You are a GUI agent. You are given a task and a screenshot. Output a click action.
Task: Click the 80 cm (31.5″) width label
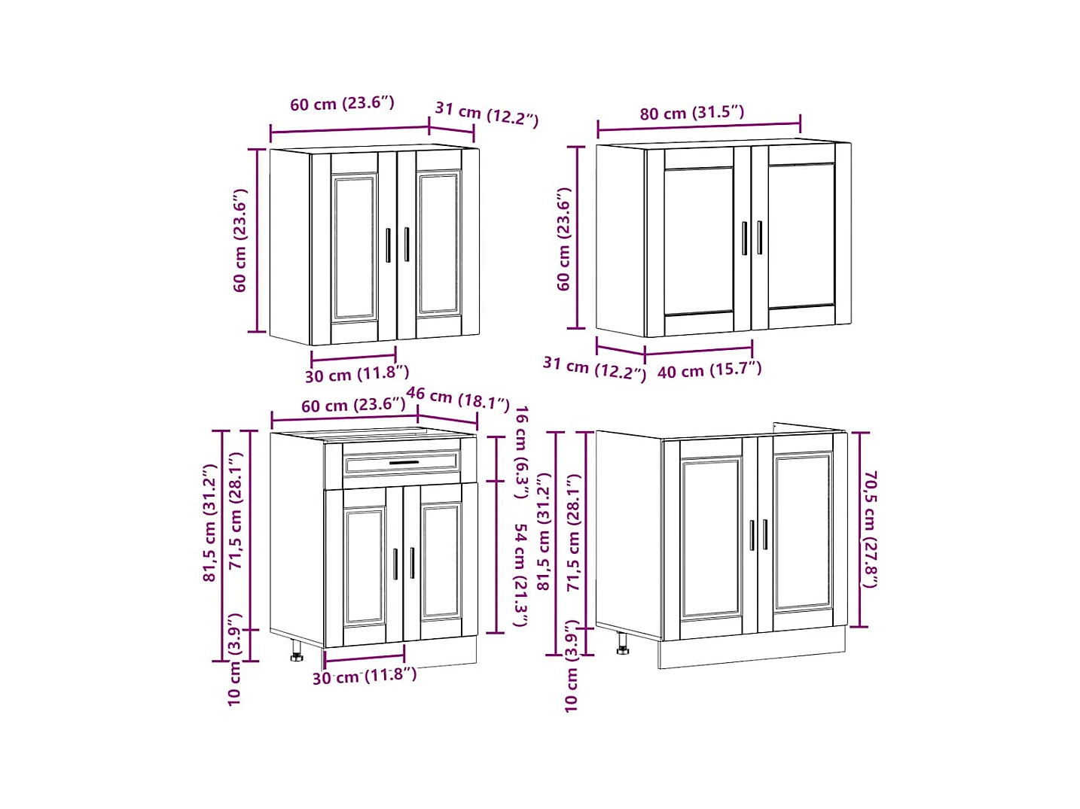(x=692, y=113)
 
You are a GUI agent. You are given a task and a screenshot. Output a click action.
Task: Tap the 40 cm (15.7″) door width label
(x=709, y=370)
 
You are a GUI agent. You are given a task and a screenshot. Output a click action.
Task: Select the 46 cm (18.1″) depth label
(x=458, y=398)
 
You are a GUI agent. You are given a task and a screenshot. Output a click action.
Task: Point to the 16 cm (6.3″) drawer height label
(x=520, y=452)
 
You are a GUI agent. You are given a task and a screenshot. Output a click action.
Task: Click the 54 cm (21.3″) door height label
(x=520, y=575)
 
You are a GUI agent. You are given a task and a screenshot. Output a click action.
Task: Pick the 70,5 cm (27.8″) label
(x=870, y=529)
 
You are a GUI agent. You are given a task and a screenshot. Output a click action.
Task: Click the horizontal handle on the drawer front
(x=403, y=463)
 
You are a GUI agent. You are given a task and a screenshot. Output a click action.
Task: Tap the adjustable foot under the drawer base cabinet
(x=296, y=652)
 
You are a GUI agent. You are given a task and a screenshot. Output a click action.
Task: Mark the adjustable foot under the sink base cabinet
(x=622, y=644)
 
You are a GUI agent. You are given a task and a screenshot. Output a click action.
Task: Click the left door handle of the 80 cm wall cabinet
(x=745, y=238)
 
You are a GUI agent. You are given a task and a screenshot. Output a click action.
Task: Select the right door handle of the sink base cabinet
(x=765, y=534)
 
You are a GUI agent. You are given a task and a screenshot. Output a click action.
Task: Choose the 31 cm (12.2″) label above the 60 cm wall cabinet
(x=487, y=114)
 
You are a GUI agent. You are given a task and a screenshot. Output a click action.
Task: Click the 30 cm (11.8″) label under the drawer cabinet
(x=365, y=676)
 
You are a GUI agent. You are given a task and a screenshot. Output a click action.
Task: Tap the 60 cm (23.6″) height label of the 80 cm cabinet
(x=564, y=239)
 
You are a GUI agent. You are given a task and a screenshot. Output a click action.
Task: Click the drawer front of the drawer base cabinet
(x=401, y=462)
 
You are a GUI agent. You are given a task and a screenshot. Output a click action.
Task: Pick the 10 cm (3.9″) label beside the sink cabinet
(x=572, y=666)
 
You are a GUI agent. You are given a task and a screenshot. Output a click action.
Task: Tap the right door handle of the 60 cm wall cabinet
(x=407, y=245)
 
